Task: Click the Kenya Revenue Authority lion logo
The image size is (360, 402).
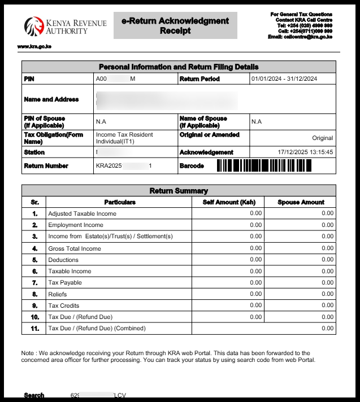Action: tap(33, 26)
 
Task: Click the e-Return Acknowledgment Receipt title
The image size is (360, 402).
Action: tap(175, 25)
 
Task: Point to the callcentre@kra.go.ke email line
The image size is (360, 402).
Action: tap(300, 37)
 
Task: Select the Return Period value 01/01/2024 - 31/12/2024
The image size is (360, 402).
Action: tap(284, 79)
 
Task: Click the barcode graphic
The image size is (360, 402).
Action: tap(264, 166)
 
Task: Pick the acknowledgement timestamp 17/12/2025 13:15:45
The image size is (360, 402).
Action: tap(305, 152)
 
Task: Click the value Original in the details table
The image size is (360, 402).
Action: tap(322, 138)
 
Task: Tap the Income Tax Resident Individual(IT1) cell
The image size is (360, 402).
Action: tap(124, 138)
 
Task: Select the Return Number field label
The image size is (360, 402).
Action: tap(46, 166)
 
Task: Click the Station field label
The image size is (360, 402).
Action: tap(34, 152)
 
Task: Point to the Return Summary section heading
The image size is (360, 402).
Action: tap(179, 191)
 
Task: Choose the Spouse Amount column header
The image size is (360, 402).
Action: tap(301, 202)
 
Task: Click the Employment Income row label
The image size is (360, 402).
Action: tap(76, 225)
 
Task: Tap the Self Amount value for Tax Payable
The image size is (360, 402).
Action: tap(255, 282)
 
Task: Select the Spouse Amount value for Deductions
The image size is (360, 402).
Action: tap(327, 260)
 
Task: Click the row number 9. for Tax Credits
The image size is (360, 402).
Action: tap(34, 305)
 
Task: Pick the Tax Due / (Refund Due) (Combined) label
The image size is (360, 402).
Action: tap(97, 328)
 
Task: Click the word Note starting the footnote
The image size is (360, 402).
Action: tap(28, 353)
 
